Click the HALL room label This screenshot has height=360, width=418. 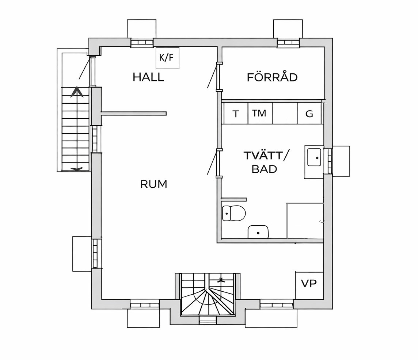148,77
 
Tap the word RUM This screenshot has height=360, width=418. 153,184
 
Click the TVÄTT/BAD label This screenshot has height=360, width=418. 266,162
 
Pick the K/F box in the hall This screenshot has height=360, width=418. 167,58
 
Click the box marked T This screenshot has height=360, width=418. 236,113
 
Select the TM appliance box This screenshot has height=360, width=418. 260,113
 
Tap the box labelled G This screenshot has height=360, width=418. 309,113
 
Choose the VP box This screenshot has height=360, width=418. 309,286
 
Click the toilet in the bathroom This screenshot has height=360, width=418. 233,213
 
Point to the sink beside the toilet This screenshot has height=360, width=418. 258,232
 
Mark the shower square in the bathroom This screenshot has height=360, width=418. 305,221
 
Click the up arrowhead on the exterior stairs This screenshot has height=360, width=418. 77,91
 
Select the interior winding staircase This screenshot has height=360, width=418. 208,294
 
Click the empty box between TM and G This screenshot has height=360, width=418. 285,113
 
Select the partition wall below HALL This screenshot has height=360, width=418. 134,114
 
